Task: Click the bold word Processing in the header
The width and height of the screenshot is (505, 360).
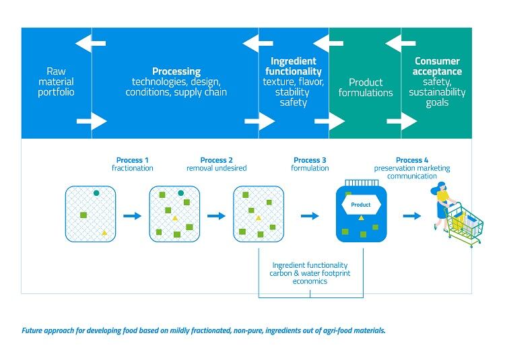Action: point(176,71)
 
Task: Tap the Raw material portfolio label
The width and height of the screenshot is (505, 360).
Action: point(56,81)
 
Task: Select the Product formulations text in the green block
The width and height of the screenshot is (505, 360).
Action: point(365,87)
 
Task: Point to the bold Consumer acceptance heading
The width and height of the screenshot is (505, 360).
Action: point(438,66)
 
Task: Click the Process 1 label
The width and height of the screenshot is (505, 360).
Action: point(129,160)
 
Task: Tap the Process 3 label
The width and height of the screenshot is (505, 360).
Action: point(310,160)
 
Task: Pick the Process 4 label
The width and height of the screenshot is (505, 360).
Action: point(411,160)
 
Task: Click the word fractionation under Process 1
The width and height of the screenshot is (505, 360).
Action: point(132,168)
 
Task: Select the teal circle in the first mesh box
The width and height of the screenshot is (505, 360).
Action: point(96,193)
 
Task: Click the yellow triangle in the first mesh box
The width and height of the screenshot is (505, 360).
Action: point(104,232)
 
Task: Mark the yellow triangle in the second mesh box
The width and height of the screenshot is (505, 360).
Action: point(174,219)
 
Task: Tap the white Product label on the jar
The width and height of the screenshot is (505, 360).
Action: point(361,204)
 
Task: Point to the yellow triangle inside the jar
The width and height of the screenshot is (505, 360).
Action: point(361,219)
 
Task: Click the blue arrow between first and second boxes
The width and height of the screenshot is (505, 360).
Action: point(133,216)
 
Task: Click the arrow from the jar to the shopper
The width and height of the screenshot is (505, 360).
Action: point(411,216)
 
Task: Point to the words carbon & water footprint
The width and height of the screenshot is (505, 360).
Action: point(310,273)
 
